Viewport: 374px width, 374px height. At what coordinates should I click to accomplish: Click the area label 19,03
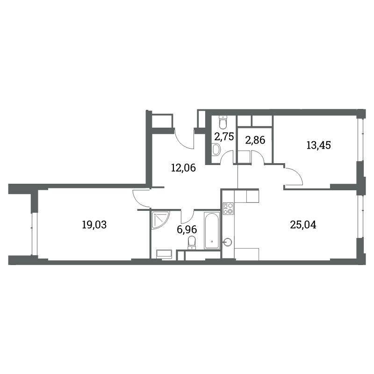(x=94, y=225)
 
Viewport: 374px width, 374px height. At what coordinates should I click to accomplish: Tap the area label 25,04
(x=303, y=225)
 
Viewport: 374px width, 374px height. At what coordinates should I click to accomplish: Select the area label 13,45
(x=318, y=145)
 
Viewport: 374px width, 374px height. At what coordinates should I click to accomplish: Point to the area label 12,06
(x=183, y=168)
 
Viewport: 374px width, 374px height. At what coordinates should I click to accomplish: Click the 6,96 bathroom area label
(x=187, y=230)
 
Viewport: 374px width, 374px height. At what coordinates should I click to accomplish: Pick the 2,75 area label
(x=224, y=137)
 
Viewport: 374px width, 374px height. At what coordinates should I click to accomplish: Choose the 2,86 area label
(x=255, y=140)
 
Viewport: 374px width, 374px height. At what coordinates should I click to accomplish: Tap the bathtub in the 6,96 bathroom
(x=212, y=231)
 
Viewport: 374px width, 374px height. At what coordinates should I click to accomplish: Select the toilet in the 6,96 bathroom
(x=192, y=243)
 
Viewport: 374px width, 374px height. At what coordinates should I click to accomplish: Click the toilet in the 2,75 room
(x=223, y=122)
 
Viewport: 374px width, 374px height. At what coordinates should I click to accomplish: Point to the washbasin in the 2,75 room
(x=216, y=150)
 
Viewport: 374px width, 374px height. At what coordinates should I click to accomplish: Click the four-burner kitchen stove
(x=228, y=208)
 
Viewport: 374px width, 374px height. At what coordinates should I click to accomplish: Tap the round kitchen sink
(x=228, y=242)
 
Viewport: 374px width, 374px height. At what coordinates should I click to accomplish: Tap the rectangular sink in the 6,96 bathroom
(x=164, y=254)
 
